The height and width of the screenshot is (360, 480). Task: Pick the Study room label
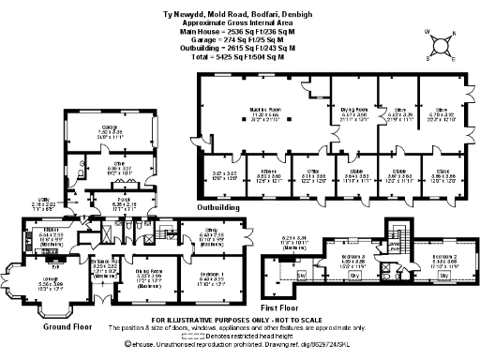pos(214,235)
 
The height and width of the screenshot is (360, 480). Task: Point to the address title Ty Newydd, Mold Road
pos(240,6)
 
